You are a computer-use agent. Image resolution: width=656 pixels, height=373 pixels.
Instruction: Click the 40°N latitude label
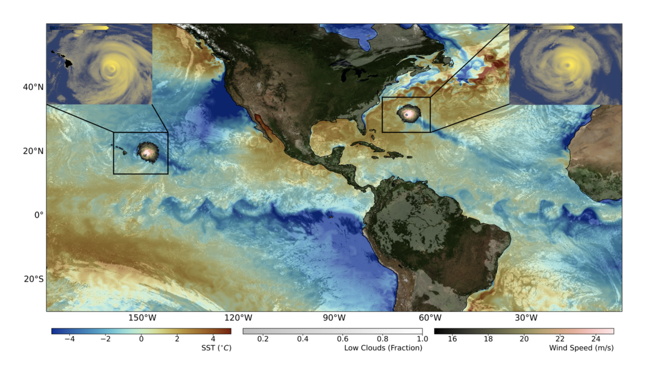33,87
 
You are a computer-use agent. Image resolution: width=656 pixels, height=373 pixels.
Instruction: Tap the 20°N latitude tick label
33,151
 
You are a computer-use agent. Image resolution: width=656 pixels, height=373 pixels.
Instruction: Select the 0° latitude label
39,215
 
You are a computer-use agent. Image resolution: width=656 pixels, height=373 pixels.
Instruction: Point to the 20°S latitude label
34,279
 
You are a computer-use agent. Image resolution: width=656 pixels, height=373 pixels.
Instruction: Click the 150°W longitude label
142,318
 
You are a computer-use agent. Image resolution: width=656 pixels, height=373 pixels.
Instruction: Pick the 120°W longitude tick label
238,318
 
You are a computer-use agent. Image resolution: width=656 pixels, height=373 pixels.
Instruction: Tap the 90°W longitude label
334,318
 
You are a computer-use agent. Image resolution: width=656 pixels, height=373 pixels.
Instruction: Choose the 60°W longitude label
430,318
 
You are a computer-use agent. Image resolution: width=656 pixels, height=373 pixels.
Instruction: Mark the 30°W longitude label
526,318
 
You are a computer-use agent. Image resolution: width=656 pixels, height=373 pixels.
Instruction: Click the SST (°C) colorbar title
216,348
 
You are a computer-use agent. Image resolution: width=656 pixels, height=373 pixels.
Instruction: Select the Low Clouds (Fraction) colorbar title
383,348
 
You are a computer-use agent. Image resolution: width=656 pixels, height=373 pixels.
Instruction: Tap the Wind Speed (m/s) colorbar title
581,348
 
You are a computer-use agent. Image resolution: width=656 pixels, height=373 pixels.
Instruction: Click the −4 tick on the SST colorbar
69,339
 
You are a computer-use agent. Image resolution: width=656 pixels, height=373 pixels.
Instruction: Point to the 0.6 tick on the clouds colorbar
342,339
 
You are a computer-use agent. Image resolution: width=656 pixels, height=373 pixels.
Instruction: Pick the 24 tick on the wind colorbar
596,339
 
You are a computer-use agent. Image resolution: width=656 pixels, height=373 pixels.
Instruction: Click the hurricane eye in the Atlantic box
407,114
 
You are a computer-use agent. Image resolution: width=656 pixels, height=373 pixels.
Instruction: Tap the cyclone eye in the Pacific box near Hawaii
147,152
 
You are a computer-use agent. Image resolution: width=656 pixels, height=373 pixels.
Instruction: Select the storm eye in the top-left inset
112,67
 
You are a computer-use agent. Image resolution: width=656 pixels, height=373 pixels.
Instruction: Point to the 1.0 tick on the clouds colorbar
422,339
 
